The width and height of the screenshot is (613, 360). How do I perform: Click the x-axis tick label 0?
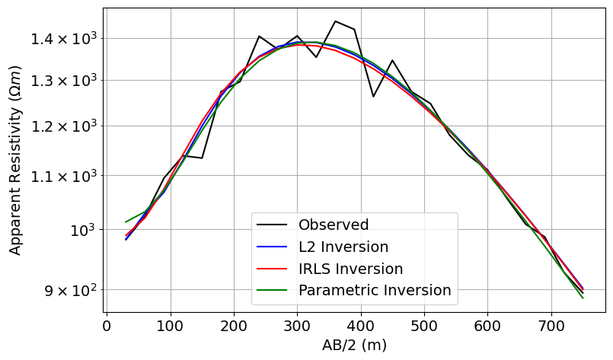click(x=107, y=327)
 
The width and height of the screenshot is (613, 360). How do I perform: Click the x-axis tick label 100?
click(x=170, y=327)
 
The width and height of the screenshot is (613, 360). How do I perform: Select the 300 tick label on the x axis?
click(x=297, y=327)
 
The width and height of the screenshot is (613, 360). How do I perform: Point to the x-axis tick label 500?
click(x=423, y=327)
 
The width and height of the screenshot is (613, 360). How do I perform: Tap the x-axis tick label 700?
click(x=551, y=327)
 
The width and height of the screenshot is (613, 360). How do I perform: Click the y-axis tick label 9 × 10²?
click(x=64, y=290)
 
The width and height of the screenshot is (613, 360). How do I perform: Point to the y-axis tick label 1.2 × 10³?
click(x=64, y=126)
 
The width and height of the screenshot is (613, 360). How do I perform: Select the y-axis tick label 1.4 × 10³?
click(x=64, y=38)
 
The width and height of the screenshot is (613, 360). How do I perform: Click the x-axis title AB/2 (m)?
click(x=355, y=346)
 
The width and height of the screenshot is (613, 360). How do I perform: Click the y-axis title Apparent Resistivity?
click(x=15, y=160)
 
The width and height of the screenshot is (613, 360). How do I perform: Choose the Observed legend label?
click(x=334, y=225)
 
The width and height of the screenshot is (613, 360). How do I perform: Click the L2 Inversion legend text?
click(x=343, y=247)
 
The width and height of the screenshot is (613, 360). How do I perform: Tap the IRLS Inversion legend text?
click(x=350, y=269)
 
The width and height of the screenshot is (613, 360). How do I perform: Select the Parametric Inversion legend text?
click(x=375, y=290)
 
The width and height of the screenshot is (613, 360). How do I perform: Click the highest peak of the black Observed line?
click(x=335, y=21)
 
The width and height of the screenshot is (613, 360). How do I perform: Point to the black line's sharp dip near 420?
click(x=373, y=97)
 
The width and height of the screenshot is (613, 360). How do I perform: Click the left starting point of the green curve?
click(x=126, y=222)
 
